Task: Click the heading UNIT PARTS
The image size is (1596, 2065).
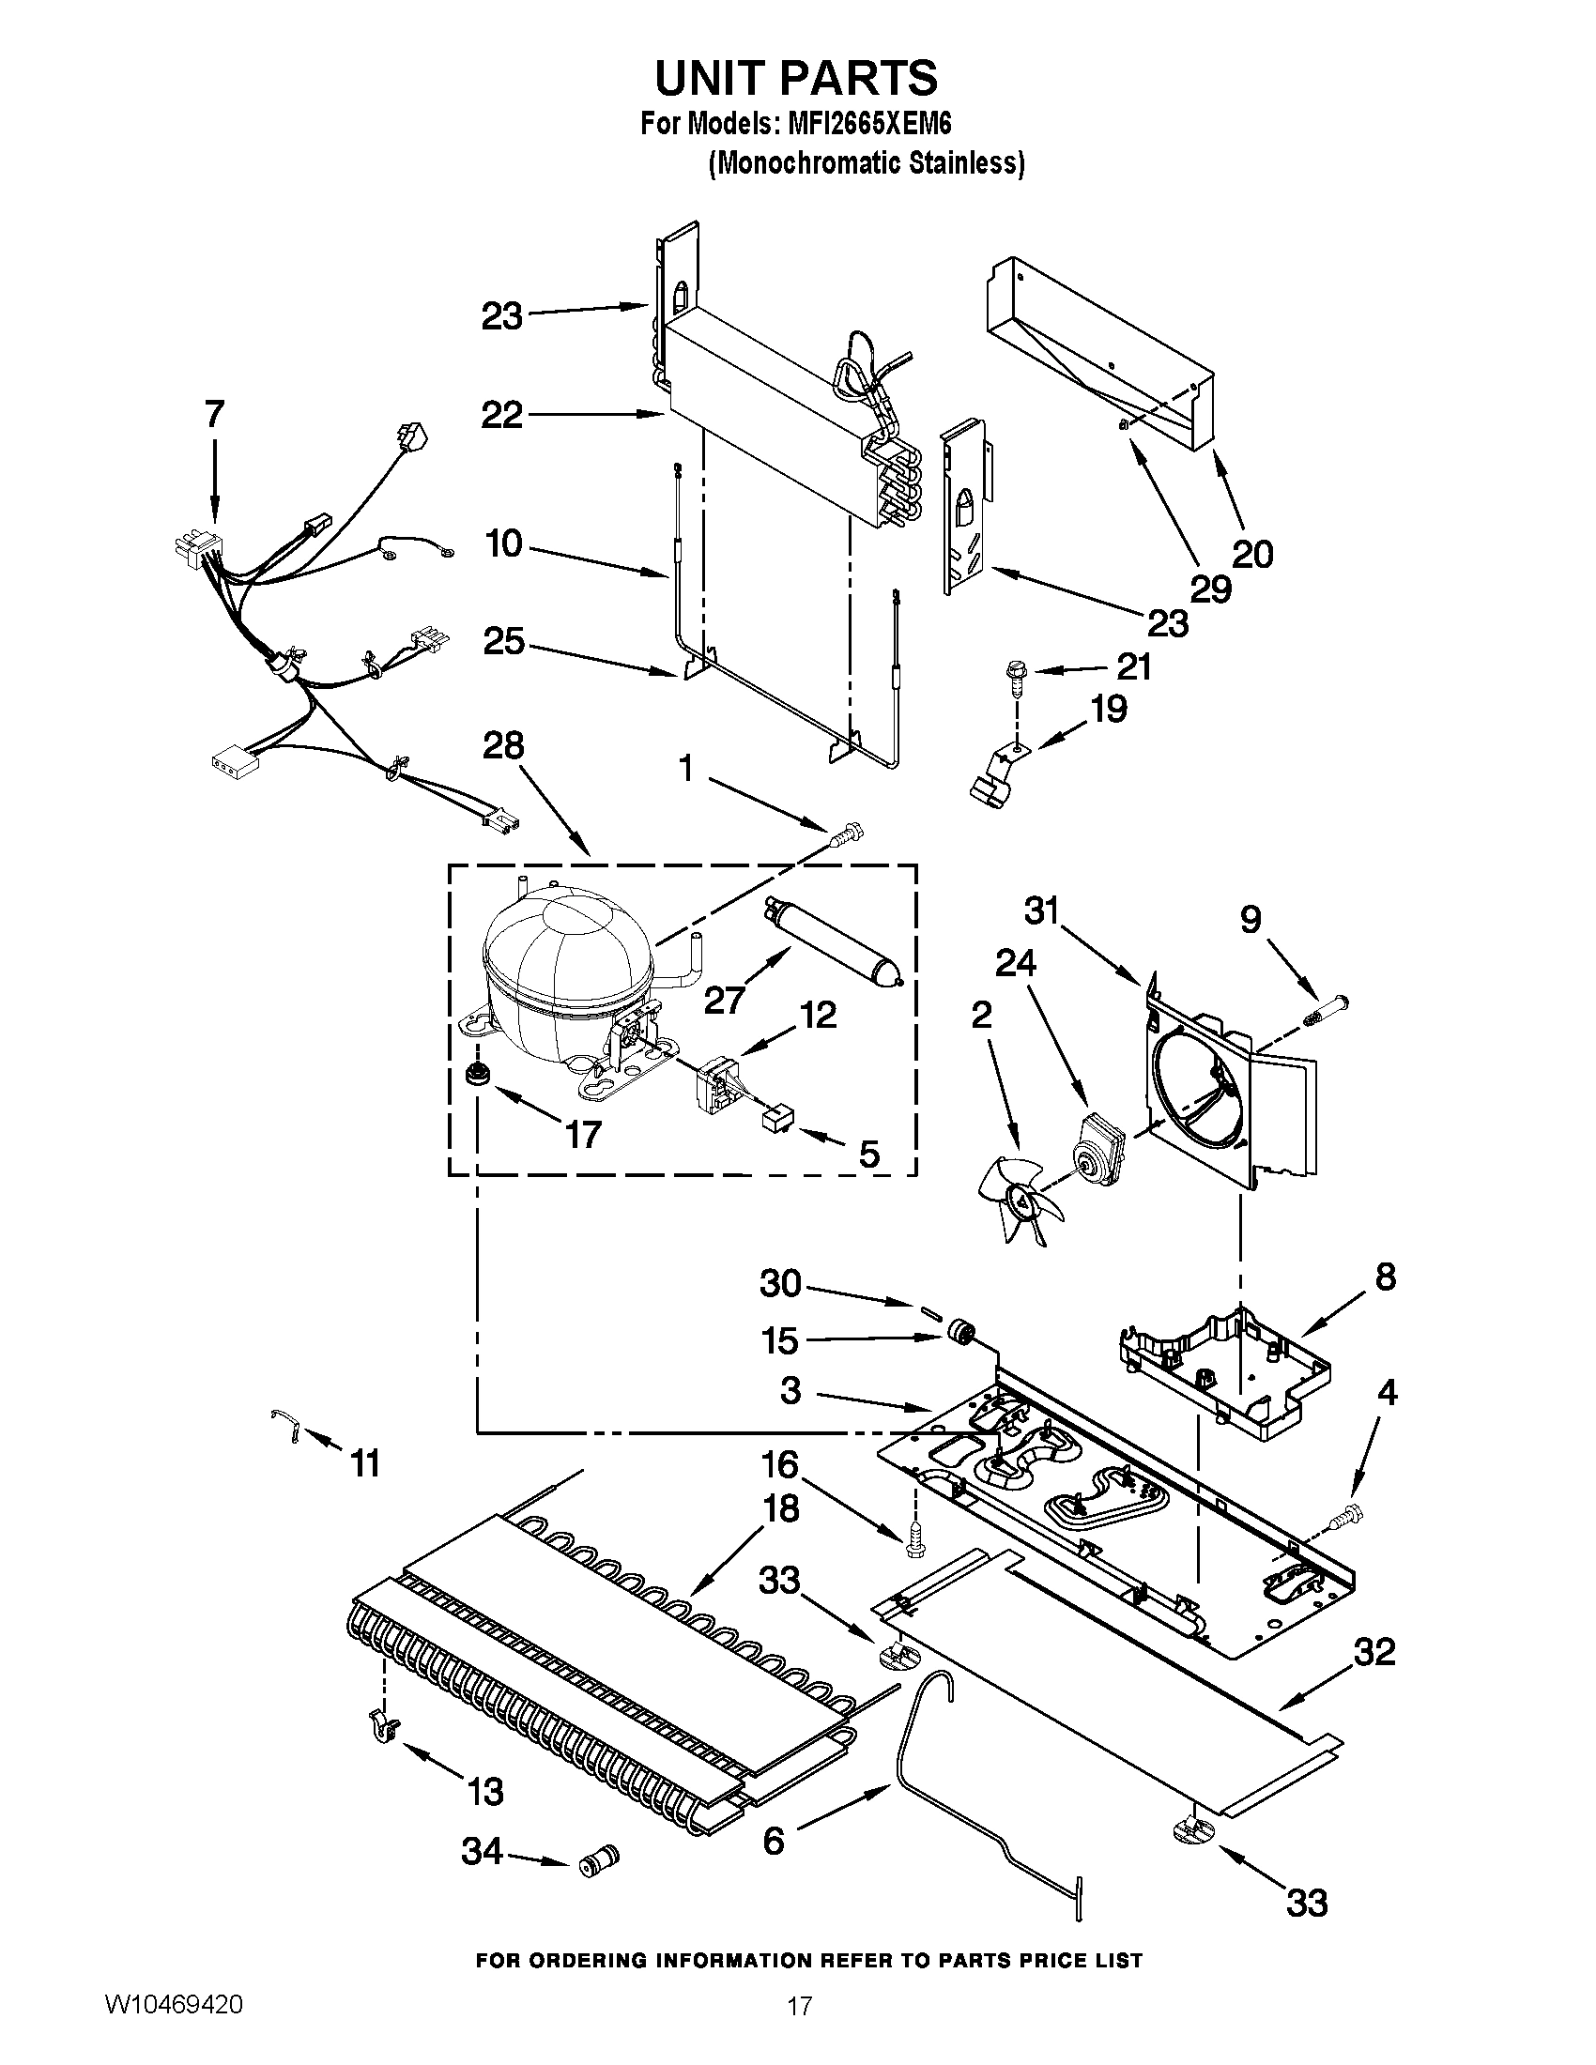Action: point(796,79)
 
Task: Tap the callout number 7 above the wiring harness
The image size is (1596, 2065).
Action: point(215,414)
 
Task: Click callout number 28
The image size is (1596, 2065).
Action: point(503,746)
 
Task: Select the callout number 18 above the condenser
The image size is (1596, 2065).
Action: point(780,1509)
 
